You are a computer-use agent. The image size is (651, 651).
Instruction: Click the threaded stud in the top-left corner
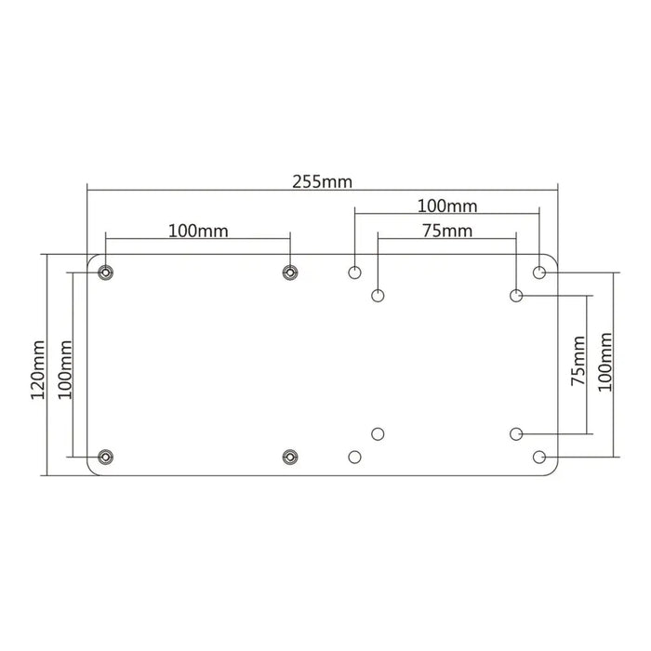point(105,272)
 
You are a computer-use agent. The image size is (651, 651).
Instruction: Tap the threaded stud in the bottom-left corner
point(105,457)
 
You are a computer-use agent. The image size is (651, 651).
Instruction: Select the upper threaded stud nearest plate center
point(290,272)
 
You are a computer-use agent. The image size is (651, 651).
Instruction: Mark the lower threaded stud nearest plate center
point(290,457)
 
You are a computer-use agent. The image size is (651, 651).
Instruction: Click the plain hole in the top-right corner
point(539,272)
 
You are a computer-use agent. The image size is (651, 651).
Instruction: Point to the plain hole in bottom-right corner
point(539,457)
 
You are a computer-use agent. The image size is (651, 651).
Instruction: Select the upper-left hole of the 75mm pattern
point(378,296)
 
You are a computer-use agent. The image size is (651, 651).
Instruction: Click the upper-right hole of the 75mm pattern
point(516,296)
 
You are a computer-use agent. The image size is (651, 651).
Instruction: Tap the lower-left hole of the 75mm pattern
point(378,433)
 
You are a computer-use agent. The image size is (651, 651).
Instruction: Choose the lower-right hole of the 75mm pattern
point(516,433)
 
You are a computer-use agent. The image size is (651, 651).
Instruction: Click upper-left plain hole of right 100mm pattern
point(354,272)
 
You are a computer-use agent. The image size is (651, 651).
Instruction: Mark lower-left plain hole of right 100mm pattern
point(354,457)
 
